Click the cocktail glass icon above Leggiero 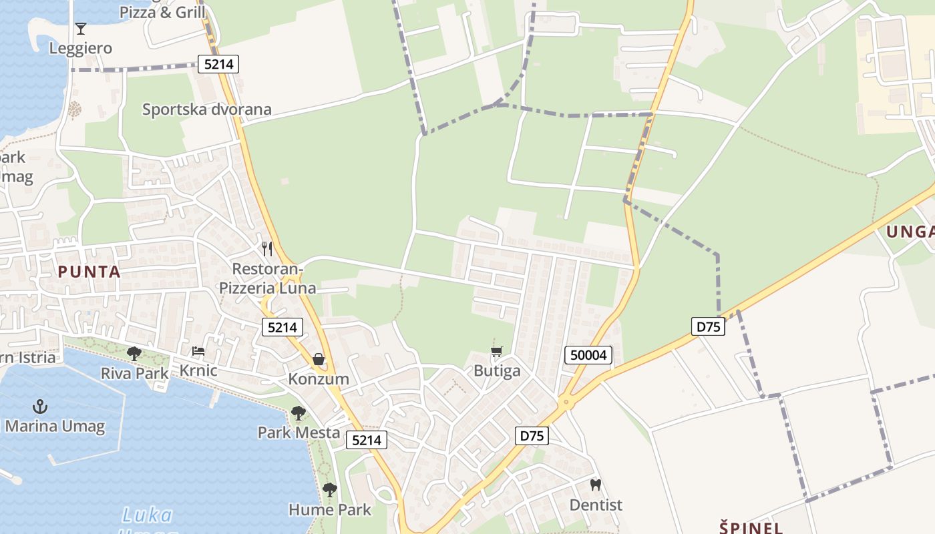coord(81,29)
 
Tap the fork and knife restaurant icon coord(267,249)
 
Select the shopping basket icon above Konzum coord(319,360)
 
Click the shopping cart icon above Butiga coord(496,352)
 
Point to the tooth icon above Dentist coord(595,485)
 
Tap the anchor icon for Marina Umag coord(41,407)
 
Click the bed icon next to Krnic coord(198,351)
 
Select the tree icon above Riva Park coord(134,354)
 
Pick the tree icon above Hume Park coord(329,490)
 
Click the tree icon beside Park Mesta coord(299,413)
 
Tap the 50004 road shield coord(588,355)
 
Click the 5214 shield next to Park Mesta coord(367,440)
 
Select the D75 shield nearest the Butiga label coord(532,437)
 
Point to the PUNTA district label coord(89,272)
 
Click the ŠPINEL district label coord(751,527)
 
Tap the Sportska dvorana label coord(207,109)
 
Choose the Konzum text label coord(319,379)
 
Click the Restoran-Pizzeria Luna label coord(268,278)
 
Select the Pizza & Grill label coord(162,12)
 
